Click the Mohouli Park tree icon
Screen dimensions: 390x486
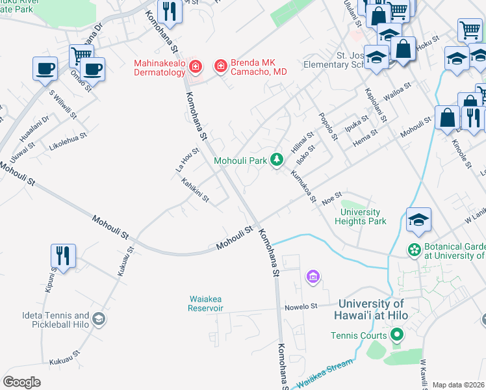tap(277, 159)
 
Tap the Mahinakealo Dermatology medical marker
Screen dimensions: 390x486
tap(196, 66)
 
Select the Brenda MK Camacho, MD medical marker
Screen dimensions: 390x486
tap(220, 66)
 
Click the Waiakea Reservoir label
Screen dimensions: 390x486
tap(206, 303)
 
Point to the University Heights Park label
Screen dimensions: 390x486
tap(361, 216)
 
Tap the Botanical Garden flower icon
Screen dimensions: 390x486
tap(413, 250)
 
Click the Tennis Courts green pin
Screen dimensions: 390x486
tap(396, 335)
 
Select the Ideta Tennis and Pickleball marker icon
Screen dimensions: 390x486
tap(98, 319)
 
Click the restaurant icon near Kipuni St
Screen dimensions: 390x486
tap(63, 255)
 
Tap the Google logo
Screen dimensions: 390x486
tap(21, 382)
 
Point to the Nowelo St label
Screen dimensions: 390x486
tap(300, 305)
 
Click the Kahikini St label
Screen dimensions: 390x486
tap(195, 191)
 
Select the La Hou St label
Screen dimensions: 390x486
tap(188, 160)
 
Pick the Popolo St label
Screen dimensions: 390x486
tap(328, 127)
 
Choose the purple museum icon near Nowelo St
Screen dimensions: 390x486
tap(313, 278)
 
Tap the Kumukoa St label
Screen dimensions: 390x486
tap(303, 187)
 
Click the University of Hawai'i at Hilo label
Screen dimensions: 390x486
tap(372, 310)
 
